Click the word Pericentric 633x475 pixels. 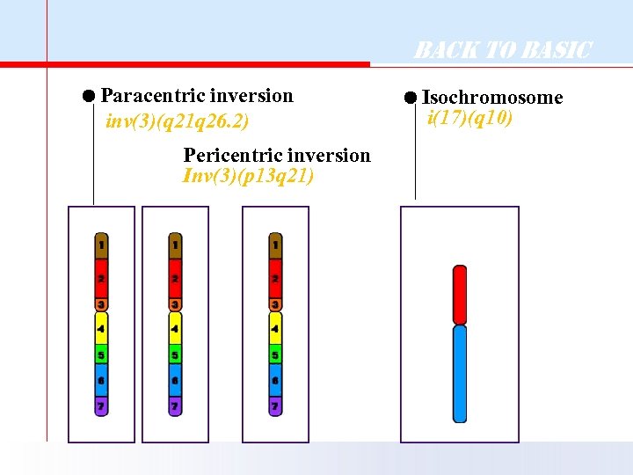(227, 156)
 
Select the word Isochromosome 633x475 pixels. (492, 98)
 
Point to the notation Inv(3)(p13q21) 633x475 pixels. (248, 176)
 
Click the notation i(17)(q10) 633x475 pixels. (469, 117)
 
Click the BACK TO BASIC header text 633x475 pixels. (503, 50)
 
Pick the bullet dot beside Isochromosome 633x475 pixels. (411, 98)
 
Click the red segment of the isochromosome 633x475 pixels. (459, 295)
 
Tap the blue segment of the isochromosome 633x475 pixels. (459, 373)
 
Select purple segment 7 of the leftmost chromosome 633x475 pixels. (102, 406)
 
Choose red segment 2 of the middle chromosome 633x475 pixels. (176, 278)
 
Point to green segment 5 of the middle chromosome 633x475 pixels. (176, 355)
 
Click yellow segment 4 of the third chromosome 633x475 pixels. (275, 329)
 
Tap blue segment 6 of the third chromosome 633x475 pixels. (275, 381)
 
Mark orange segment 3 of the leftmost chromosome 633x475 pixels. (102, 304)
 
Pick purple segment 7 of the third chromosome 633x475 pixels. (275, 406)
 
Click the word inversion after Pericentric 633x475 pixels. (331, 156)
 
